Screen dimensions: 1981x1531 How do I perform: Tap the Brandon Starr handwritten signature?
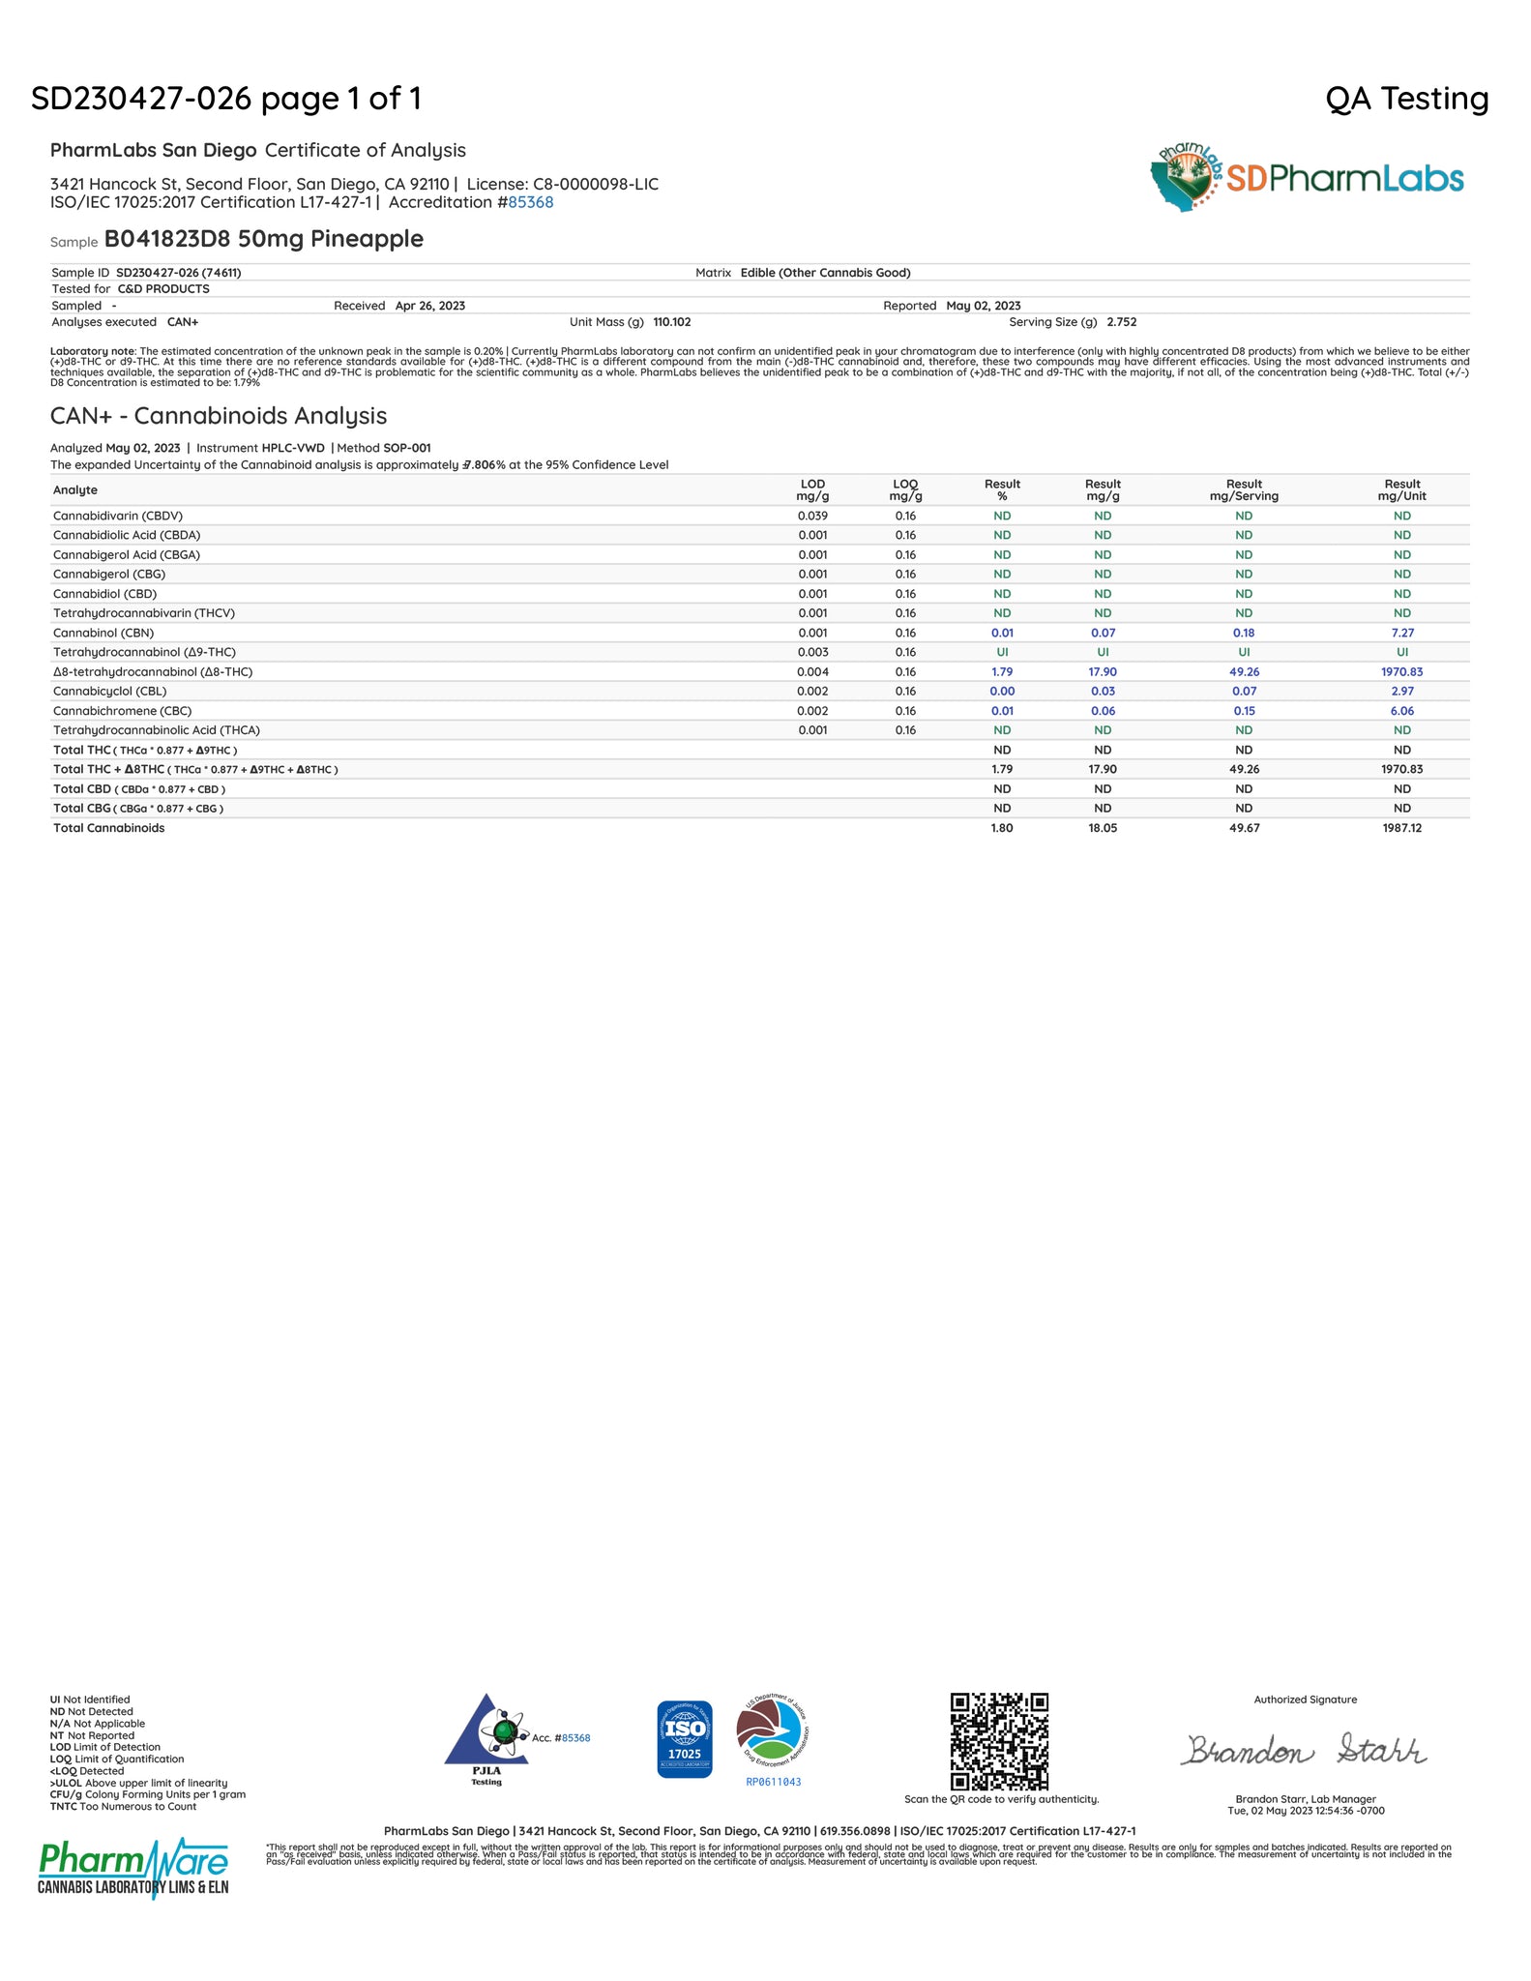pyautogui.click(x=1302, y=1750)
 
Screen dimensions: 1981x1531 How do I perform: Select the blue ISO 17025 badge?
pyautogui.click(x=685, y=1739)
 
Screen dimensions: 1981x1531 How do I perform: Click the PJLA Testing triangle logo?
pyautogui.click(x=486, y=1740)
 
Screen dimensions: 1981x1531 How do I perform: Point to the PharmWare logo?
pyautogui.click(x=133, y=1868)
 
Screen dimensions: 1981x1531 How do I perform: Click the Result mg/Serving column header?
pyautogui.click(x=1244, y=490)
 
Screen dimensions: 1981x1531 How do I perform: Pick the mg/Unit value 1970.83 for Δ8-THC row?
pyautogui.click(x=1401, y=671)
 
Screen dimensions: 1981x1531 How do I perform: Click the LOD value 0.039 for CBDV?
pyautogui.click(x=812, y=516)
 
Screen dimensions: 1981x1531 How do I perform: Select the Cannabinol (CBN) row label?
pyautogui.click(x=103, y=633)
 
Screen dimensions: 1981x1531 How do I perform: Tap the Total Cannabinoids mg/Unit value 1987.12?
pyautogui.click(x=1401, y=828)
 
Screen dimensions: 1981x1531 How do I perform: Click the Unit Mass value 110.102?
pyautogui.click(x=672, y=322)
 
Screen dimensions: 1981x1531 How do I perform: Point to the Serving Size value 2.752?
pyautogui.click(x=1122, y=322)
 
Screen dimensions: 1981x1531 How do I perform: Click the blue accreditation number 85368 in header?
pyautogui.click(x=531, y=202)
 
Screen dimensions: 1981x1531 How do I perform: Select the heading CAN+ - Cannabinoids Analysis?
pyautogui.click(x=219, y=416)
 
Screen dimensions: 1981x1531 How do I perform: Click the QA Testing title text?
pyautogui.click(x=1406, y=99)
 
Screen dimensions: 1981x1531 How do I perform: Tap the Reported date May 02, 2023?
pyautogui.click(x=983, y=306)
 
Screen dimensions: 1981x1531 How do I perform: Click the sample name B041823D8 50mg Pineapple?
pyautogui.click(x=264, y=239)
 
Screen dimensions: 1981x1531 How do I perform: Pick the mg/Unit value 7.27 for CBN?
pyautogui.click(x=1401, y=633)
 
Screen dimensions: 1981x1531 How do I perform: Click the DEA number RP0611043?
pyautogui.click(x=774, y=1782)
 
